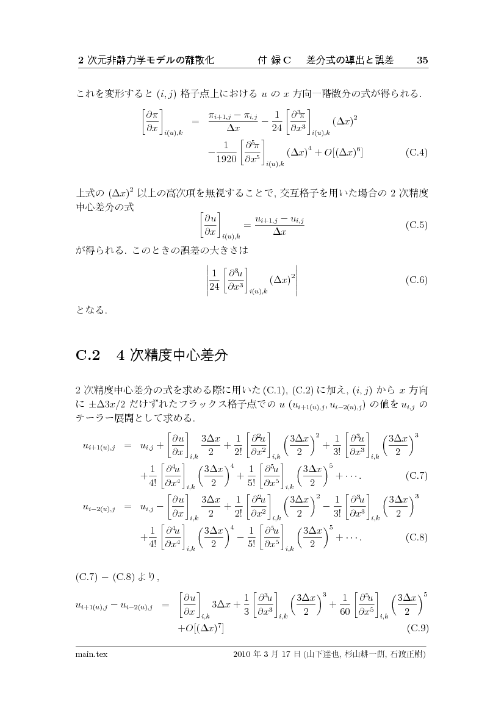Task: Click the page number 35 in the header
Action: pos(422,60)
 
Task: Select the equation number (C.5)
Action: pos(416,224)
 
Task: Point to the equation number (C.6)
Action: pos(416,280)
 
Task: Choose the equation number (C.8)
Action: pos(416,537)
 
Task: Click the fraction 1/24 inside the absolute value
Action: pos(214,280)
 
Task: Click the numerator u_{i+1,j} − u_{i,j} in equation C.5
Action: pos(279,218)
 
